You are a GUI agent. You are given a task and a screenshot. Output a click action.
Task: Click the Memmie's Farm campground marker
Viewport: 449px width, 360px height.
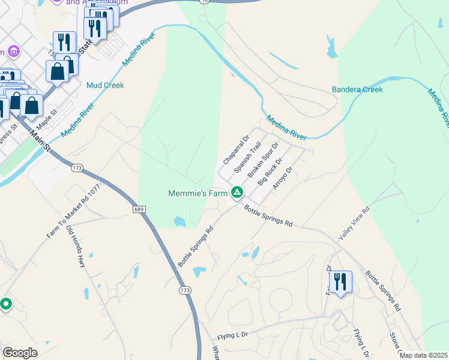click(x=237, y=193)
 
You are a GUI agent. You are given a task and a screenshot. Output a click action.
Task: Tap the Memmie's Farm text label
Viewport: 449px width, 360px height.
click(x=198, y=193)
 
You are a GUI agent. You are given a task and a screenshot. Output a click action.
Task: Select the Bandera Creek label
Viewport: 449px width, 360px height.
click(x=357, y=90)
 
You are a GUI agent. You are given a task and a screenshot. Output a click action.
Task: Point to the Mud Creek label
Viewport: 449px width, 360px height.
click(x=105, y=85)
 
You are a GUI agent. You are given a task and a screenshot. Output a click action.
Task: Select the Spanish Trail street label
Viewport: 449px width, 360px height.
click(x=247, y=157)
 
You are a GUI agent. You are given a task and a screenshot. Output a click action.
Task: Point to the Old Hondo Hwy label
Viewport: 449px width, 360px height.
click(x=76, y=245)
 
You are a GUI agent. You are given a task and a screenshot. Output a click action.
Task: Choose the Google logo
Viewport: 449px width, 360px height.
click(x=20, y=353)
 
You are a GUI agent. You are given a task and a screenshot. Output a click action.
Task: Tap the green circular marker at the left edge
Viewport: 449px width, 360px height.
click(x=5, y=304)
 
